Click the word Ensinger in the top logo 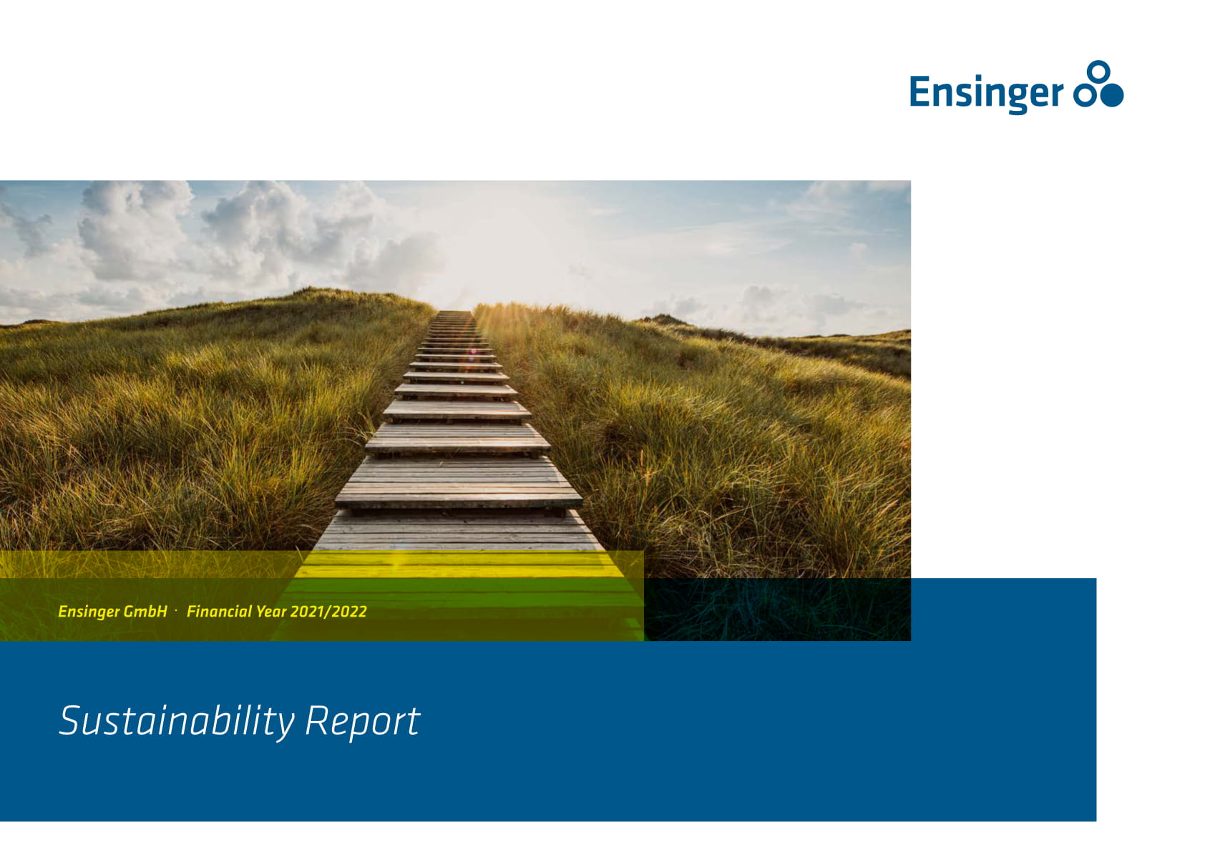click(x=986, y=93)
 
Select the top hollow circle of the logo click(x=1098, y=72)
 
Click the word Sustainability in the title click(x=177, y=722)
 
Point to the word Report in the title click(x=362, y=722)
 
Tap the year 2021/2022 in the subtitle click(x=328, y=612)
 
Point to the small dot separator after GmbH click(x=176, y=610)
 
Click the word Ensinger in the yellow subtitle click(x=89, y=612)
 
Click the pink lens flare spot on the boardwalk click(x=473, y=352)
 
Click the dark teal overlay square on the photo click(x=777, y=609)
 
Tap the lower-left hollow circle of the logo click(x=1085, y=96)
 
